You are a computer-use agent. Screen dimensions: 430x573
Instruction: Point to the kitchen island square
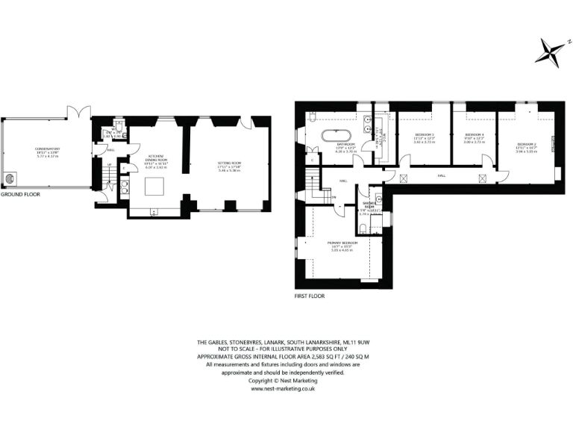click(156, 190)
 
